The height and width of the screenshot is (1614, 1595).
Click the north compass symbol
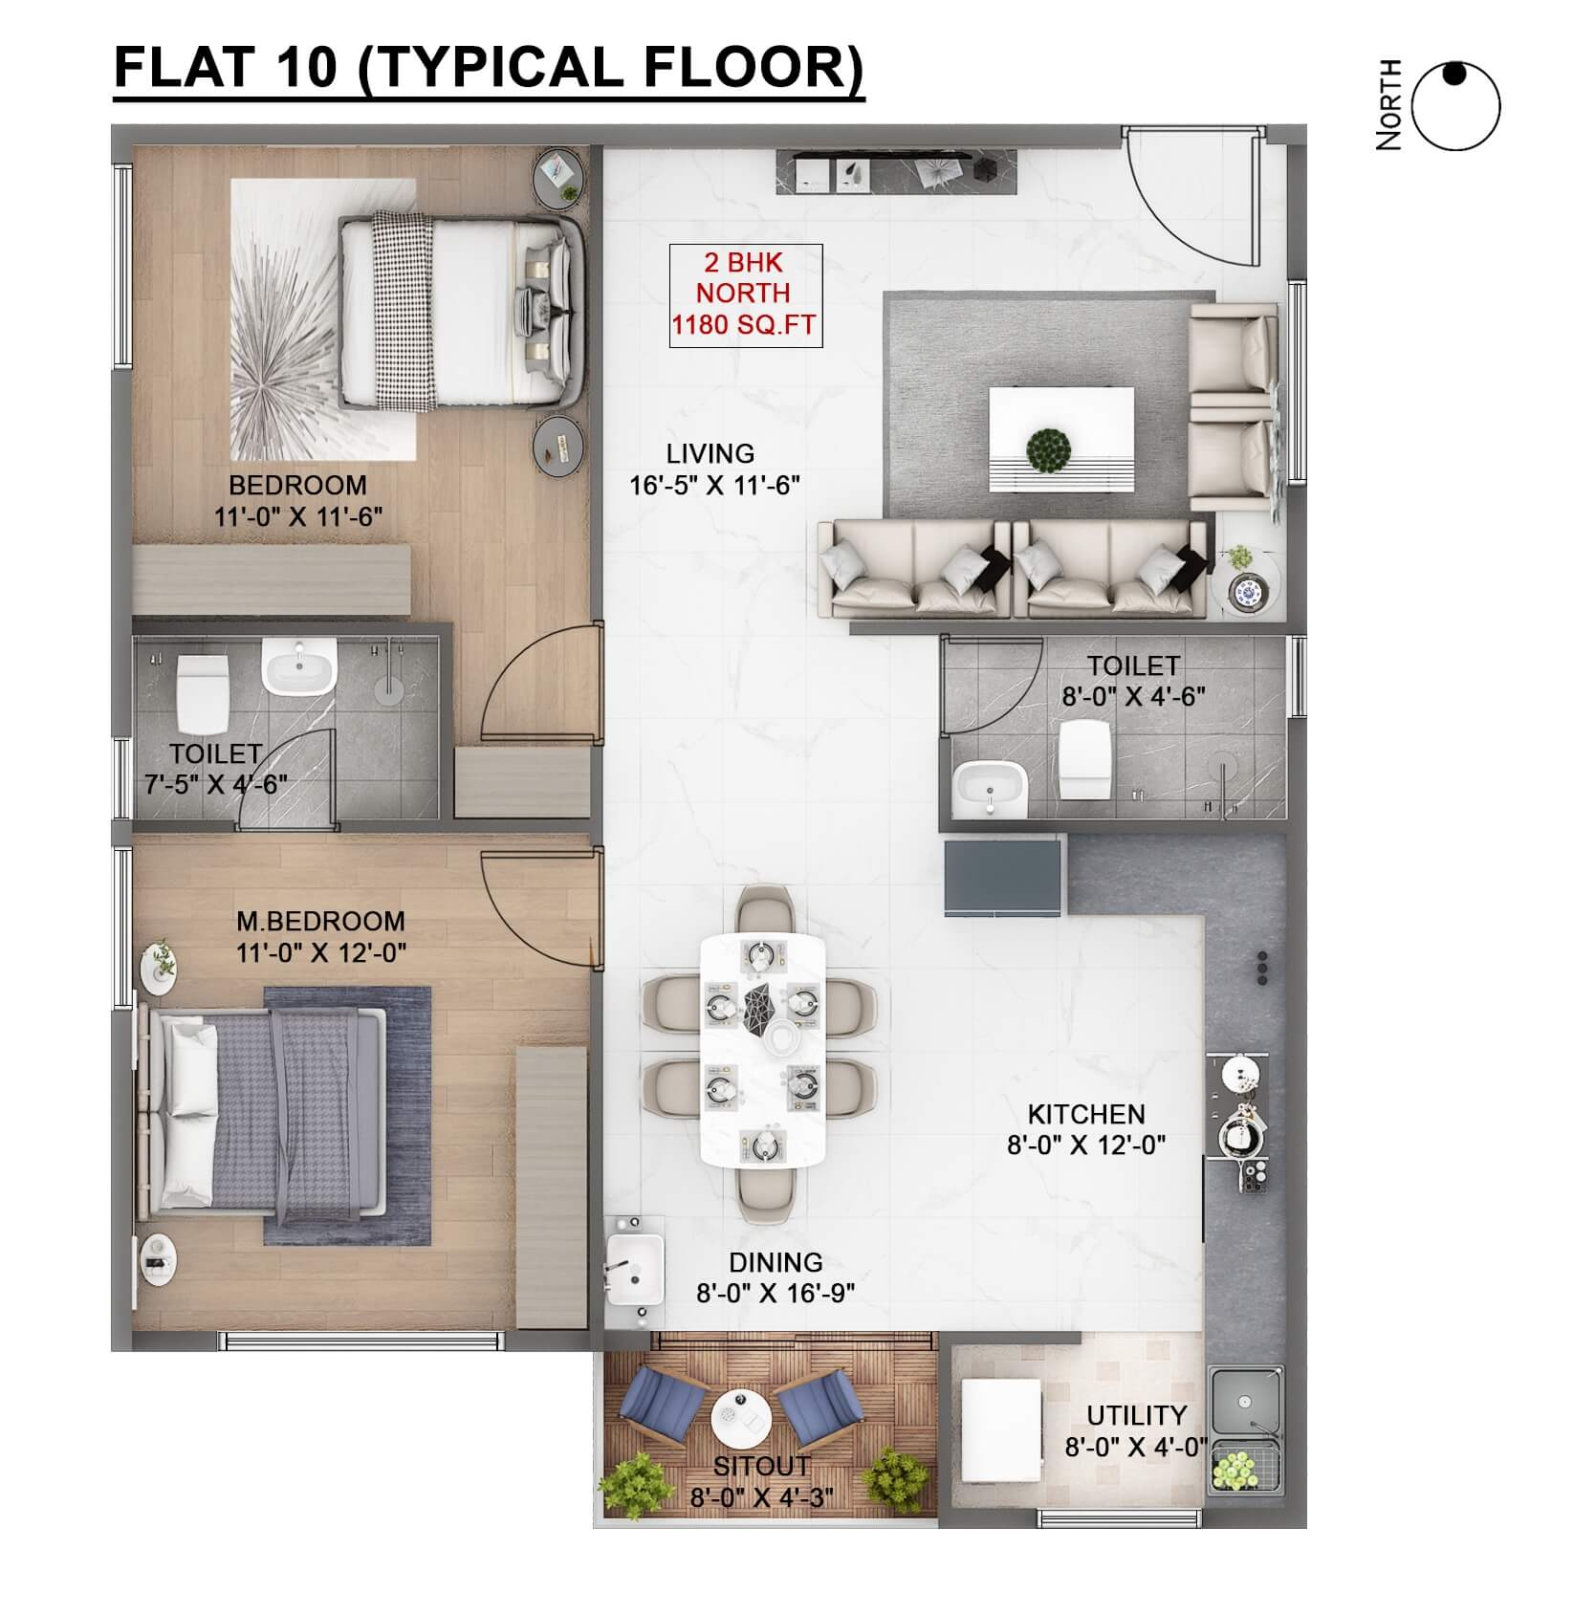(1456, 106)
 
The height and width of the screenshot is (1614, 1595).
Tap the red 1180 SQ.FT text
(744, 325)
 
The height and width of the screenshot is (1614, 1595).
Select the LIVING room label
(710, 453)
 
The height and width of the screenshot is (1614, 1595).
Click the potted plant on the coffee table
(1048, 450)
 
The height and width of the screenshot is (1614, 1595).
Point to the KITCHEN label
(1086, 1114)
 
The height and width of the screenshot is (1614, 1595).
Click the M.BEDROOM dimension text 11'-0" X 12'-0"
(321, 952)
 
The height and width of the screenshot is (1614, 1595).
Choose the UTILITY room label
(1137, 1414)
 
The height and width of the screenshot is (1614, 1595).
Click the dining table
(763, 1049)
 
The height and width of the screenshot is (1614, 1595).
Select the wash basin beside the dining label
(634, 1268)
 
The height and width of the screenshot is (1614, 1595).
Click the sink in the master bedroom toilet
(299, 667)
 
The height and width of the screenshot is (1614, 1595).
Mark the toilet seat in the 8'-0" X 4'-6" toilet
(1084, 757)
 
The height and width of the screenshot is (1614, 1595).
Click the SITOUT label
(761, 1466)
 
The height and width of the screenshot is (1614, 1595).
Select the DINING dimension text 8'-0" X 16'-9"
(776, 1293)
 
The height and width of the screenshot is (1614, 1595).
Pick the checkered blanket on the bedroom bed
(402, 311)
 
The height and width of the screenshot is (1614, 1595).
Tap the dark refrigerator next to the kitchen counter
(1003, 879)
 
